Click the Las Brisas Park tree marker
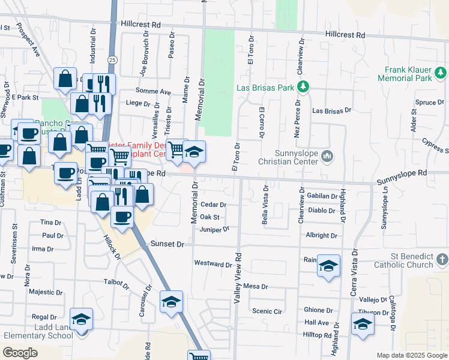click(x=303, y=87)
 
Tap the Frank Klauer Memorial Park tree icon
click(x=441, y=73)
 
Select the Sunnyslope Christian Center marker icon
click(x=327, y=157)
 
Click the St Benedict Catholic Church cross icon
click(x=442, y=260)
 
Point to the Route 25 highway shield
click(x=112, y=59)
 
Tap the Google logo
click(x=20, y=353)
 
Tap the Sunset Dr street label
click(x=166, y=245)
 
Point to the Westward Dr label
click(x=212, y=264)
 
